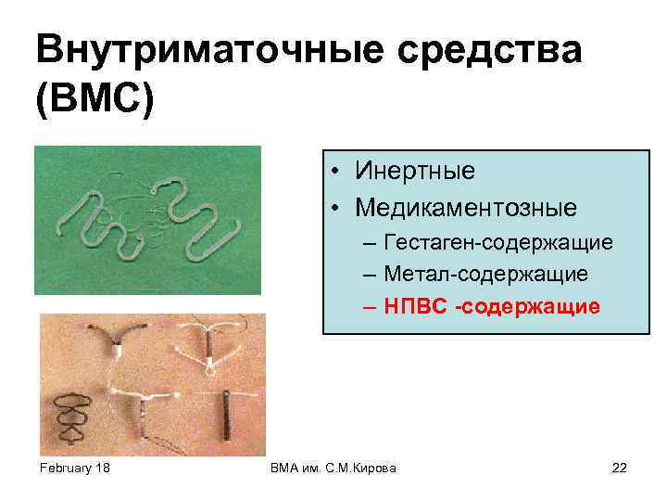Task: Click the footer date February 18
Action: [75, 468]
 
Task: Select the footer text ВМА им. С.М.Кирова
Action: [332, 468]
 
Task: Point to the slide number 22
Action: [620, 468]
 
